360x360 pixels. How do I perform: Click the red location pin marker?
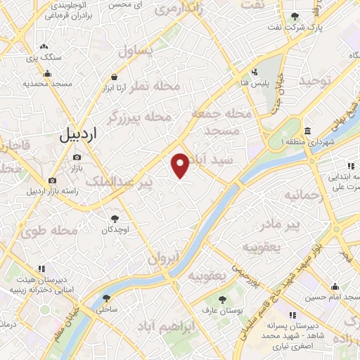[x=181, y=165]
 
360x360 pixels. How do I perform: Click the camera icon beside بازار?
[x=77, y=157]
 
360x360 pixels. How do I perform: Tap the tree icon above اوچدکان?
[x=114, y=219]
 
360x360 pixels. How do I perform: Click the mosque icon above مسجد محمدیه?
[x=47, y=73]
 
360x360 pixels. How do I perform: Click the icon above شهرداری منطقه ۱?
[x=309, y=131]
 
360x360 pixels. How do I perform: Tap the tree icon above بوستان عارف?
[x=222, y=300]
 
